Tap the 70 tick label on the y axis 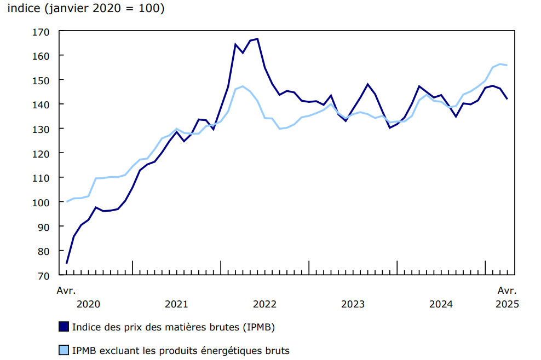click(x=44, y=275)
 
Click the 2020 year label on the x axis click(x=88, y=304)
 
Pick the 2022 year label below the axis click(x=264, y=304)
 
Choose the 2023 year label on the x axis click(x=353, y=304)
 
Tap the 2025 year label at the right click(x=507, y=304)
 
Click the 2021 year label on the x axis click(x=176, y=304)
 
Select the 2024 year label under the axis click(x=441, y=304)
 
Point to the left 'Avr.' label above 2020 click(x=66, y=290)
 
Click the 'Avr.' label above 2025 click(x=507, y=290)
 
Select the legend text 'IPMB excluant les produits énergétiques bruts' click(x=181, y=350)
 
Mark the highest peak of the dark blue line click(x=257, y=39)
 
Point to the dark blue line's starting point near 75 click(x=67, y=263)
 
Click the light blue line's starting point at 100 click(x=67, y=202)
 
